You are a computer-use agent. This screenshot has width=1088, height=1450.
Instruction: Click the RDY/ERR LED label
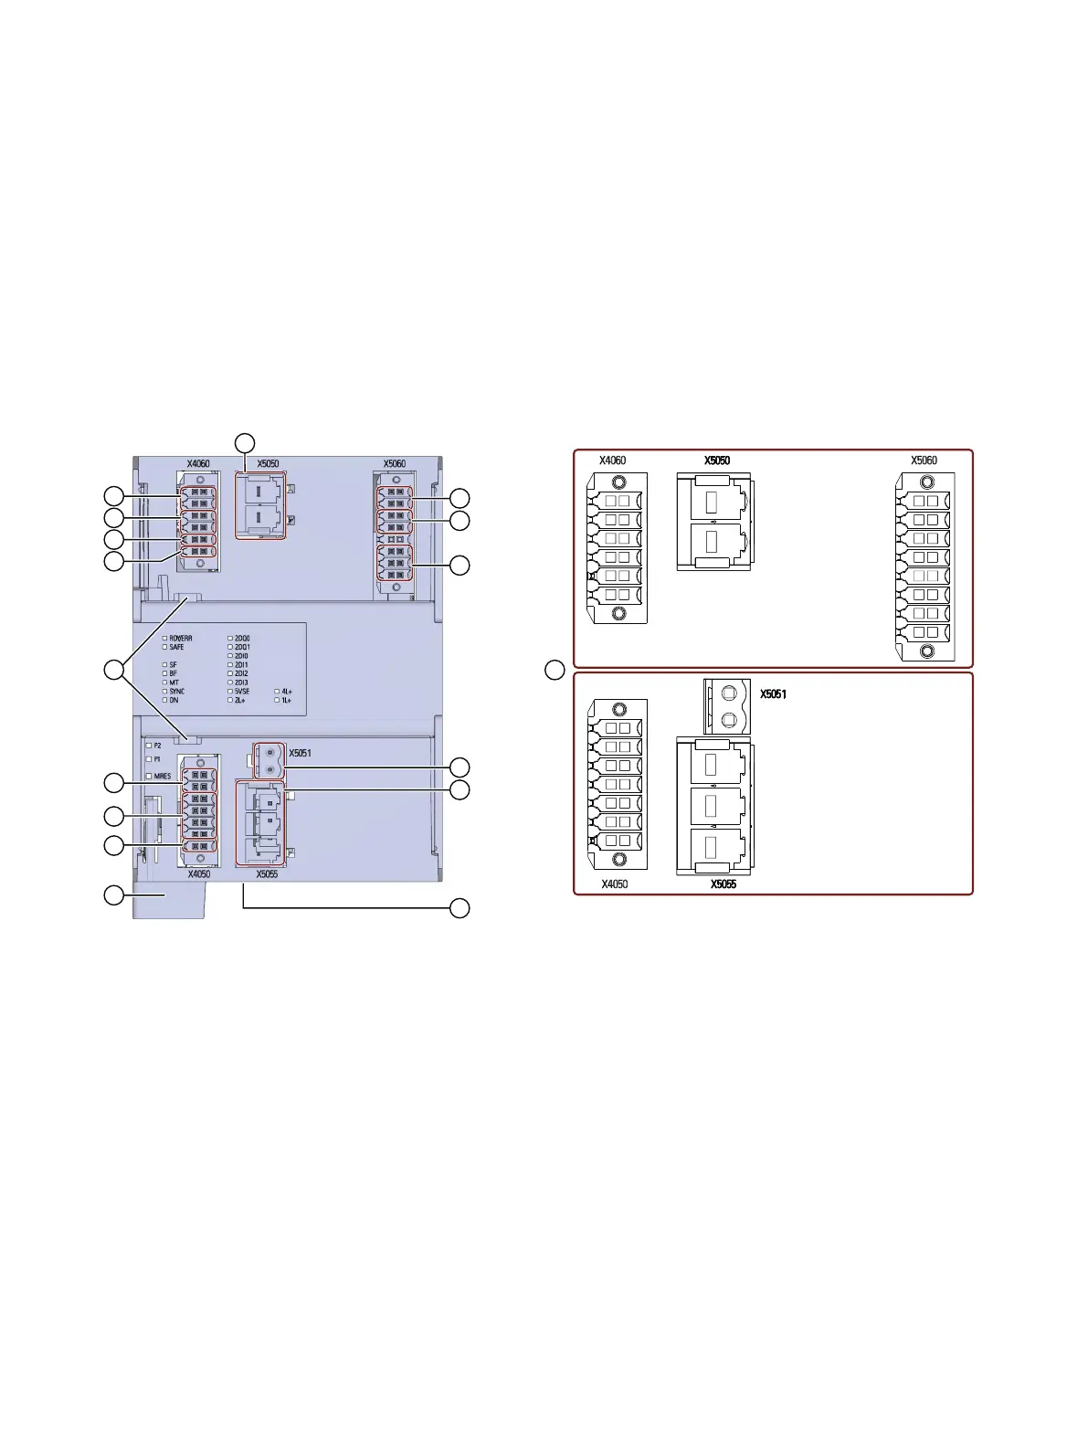pyautogui.click(x=180, y=639)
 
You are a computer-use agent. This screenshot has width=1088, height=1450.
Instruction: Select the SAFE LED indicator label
pyautogui.click(x=176, y=647)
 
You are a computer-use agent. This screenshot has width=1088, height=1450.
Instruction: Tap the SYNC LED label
pyautogui.click(x=176, y=692)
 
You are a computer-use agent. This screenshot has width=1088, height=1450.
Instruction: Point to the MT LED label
pyautogui.click(x=174, y=683)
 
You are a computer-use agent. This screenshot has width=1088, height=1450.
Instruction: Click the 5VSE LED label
pyautogui.click(x=241, y=692)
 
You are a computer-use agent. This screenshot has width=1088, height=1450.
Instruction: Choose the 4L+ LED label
pyautogui.click(x=287, y=692)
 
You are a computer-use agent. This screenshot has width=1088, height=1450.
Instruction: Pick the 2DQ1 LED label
pyautogui.click(x=242, y=647)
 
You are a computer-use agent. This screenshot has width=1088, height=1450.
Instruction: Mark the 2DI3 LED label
pyautogui.click(x=241, y=683)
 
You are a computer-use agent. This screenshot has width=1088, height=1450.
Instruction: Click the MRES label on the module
pyautogui.click(x=162, y=776)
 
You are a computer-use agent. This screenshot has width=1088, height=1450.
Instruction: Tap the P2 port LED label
pyautogui.click(x=157, y=746)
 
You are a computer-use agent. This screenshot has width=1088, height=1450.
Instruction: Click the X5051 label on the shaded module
pyautogui.click(x=300, y=753)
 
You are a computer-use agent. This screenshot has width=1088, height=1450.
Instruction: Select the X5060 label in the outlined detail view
pyautogui.click(x=924, y=460)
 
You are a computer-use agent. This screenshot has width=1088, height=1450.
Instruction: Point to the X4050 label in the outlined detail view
pyautogui.click(x=614, y=884)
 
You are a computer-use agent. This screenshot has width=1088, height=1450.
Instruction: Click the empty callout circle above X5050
pyautogui.click(x=245, y=442)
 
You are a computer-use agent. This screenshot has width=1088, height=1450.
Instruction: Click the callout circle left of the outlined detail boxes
pyautogui.click(x=555, y=670)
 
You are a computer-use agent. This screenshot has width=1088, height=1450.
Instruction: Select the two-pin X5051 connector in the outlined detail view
pyautogui.click(x=728, y=706)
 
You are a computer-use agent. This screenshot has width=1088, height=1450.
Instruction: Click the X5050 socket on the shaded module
pyautogui.click(x=261, y=505)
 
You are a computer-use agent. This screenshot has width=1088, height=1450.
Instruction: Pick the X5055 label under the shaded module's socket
pyautogui.click(x=267, y=874)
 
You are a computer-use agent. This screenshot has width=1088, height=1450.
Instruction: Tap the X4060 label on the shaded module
pyautogui.click(x=198, y=463)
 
